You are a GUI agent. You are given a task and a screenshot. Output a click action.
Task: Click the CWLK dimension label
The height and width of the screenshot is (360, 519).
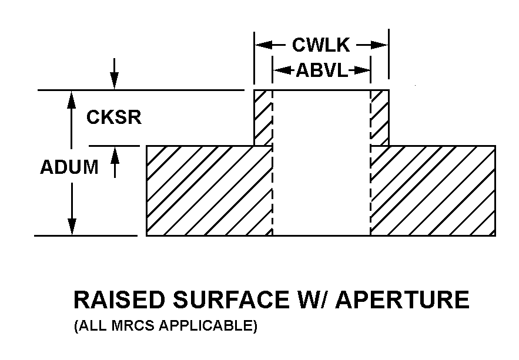tap(321, 45)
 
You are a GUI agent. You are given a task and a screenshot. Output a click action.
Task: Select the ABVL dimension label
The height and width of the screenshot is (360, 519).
tap(322, 70)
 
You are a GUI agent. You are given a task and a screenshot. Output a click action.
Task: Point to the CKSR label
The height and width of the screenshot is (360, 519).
tap(114, 117)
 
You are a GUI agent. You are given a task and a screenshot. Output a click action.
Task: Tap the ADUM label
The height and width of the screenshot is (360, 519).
tap(69, 167)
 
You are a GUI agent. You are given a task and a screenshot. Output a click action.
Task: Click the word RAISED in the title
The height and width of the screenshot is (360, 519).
tap(119, 300)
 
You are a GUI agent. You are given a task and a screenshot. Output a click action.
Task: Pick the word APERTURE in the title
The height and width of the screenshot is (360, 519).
tap(404, 300)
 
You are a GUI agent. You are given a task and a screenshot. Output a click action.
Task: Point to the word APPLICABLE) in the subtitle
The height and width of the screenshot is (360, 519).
tap(208, 326)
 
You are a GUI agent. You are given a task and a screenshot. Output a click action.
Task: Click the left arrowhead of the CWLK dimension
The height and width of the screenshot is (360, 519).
tap(263, 45)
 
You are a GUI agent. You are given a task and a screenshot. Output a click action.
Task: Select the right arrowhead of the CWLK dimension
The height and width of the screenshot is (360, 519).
tap(380, 45)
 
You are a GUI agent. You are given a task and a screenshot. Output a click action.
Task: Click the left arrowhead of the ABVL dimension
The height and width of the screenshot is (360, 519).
tap(282, 70)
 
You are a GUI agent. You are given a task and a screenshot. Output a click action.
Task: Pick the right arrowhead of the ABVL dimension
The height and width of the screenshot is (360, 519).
tap(362, 70)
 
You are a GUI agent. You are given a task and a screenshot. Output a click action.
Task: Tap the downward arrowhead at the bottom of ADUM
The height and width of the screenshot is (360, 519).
tap(72, 227)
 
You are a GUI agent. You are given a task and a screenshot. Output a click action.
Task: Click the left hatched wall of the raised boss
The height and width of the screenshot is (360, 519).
tap(263, 117)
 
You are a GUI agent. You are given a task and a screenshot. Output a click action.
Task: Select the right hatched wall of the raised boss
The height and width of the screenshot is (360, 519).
tap(380, 117)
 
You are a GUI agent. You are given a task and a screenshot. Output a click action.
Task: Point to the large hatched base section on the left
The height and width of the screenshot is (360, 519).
tap(209, 191)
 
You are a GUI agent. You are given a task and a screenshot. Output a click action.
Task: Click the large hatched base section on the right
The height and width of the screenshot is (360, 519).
tap(433, 191)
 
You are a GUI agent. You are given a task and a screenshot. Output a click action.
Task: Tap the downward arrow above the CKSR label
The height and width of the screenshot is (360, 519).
tap(115, 74)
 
